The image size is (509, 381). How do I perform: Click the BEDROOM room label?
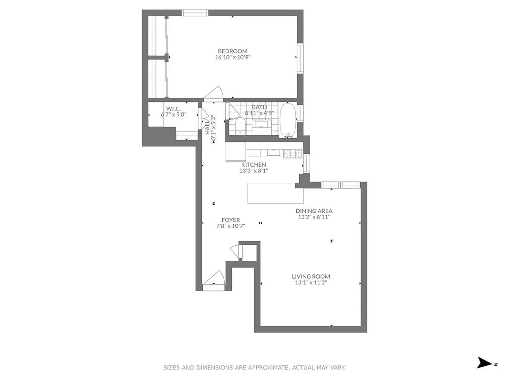pos(232,51)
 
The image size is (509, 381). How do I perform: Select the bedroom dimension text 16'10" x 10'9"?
pos(232,57)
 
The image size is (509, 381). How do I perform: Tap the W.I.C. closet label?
pos(173,108)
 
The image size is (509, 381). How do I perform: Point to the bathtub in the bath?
pos(287,120)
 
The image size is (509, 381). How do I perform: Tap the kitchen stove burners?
pos(291,153)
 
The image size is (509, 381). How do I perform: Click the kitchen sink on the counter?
pos(273,153)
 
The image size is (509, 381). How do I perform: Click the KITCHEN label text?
pos(253,165)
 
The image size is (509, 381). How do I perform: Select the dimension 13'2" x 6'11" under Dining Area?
pos(314,217)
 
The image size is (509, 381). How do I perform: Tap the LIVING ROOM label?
pos(311,276)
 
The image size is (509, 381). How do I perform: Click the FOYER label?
pos(230,220)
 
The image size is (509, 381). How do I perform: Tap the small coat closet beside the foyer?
pos(248,251)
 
